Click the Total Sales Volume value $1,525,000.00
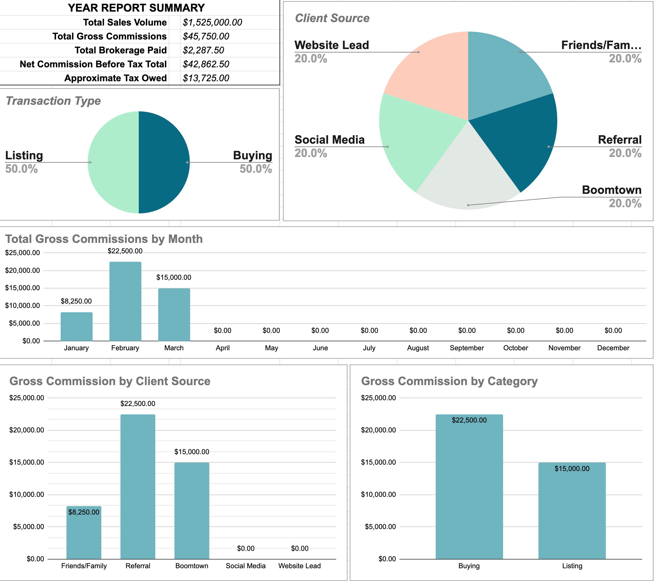point(212,22)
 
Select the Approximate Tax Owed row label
point(115,78)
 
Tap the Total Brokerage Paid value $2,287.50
point(203,50)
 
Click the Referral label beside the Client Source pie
point(619,140)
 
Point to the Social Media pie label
point(329,140)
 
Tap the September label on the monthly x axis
point(466,348)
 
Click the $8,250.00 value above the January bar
point(76,301)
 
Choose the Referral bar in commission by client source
point(138,486)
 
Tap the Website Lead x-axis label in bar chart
point(299,566)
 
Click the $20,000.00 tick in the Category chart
point(378,430)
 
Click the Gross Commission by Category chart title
point(449,381)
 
